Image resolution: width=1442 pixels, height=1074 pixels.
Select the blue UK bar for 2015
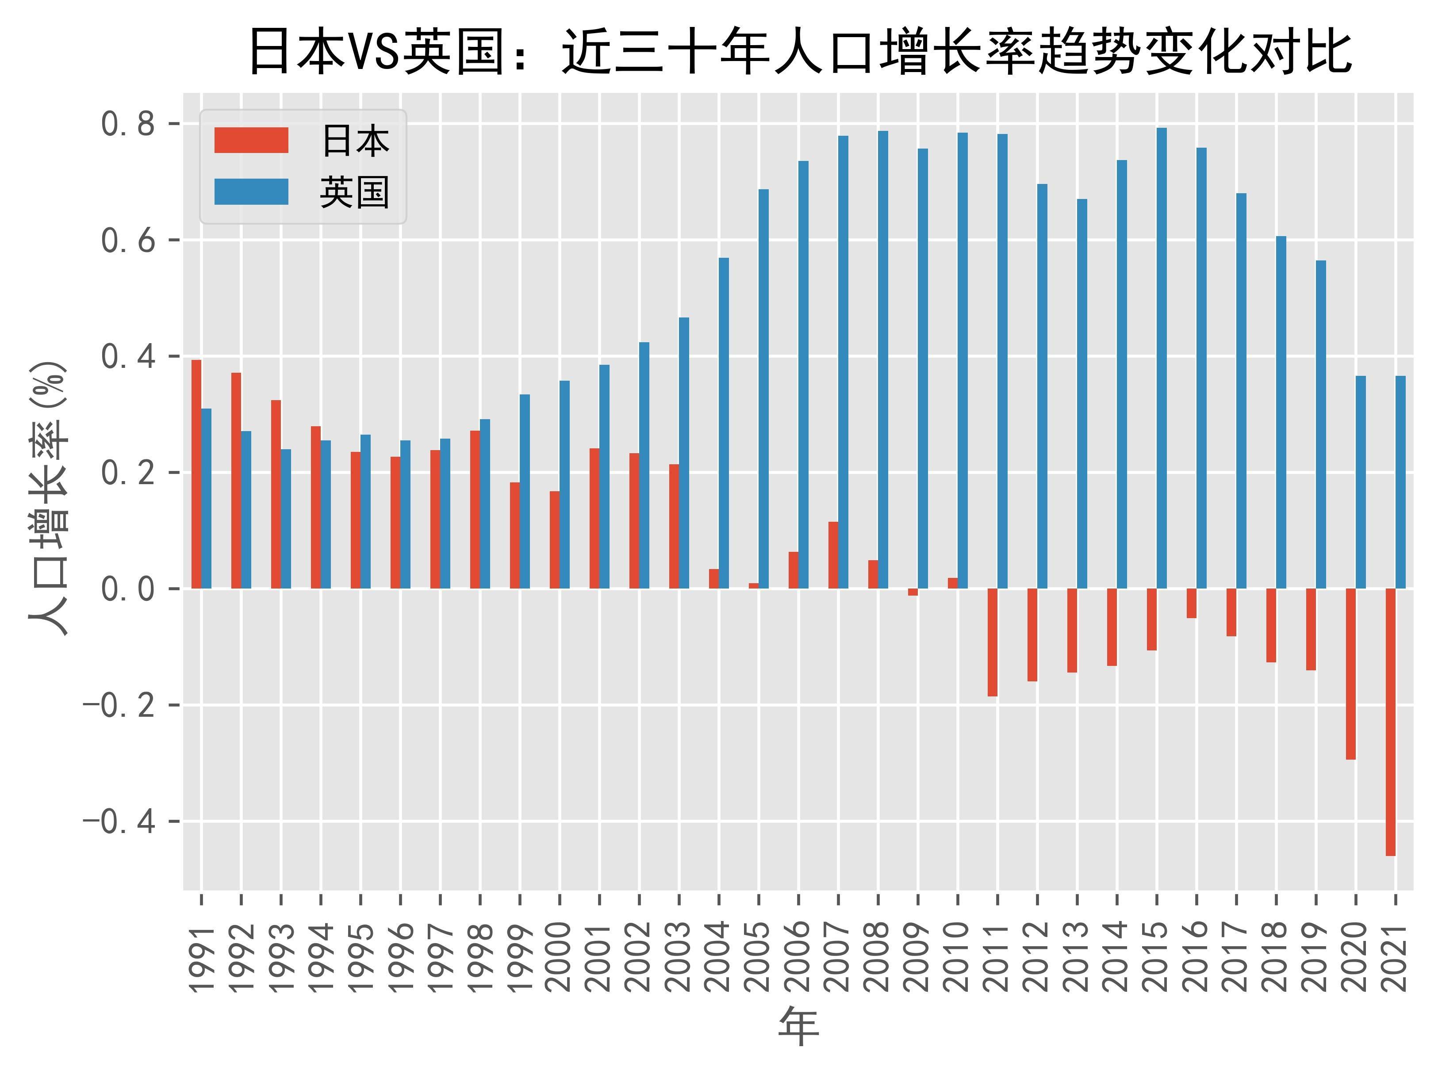1162,358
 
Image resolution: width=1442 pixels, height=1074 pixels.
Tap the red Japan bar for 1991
196,474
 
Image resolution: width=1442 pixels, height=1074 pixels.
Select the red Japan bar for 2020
1350,673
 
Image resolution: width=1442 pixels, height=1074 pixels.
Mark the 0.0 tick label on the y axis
128,589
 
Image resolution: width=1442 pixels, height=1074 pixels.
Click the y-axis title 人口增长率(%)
48,497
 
